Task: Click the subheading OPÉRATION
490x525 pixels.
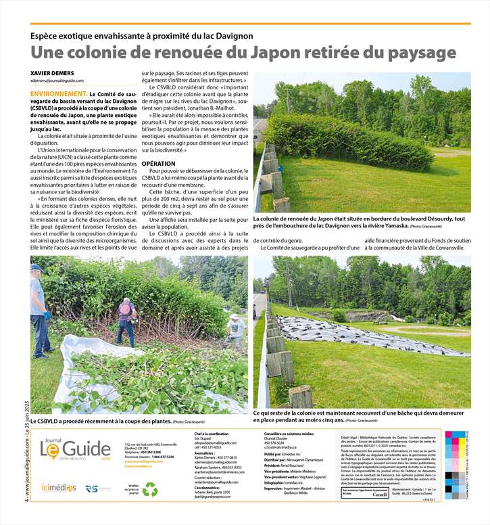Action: click(159, 164)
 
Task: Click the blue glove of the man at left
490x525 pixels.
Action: click(48, 315)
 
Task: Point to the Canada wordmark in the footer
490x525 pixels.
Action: click(381, 495)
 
